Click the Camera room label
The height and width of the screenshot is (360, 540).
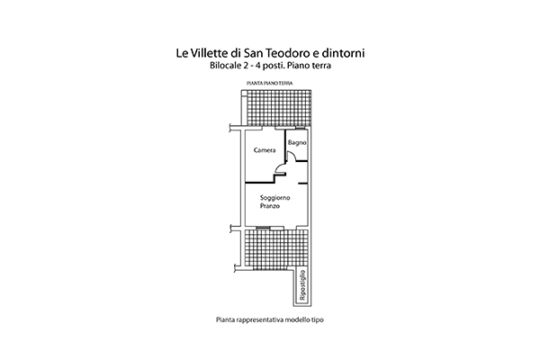pos(265,150)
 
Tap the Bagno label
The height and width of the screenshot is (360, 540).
pos(297,142)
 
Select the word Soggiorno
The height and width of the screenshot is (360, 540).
pos(274,198)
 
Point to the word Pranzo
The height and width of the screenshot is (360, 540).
pos(270,206)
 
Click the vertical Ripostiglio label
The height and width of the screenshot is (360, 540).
pos(302,285)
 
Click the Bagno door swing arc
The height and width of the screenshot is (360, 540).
pos(292,155)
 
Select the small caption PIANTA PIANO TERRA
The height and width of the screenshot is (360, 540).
pos(270,84)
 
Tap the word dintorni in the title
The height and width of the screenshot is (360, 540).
pos(343,53)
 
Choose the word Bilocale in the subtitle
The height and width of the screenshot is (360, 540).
pos(225,66)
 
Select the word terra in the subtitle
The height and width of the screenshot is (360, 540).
pos(321,66)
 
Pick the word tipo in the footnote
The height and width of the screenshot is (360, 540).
pos(318,320)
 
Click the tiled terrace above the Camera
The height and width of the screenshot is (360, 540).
pos(279,109)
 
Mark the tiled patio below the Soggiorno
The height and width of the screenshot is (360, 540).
pos(276,248)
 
